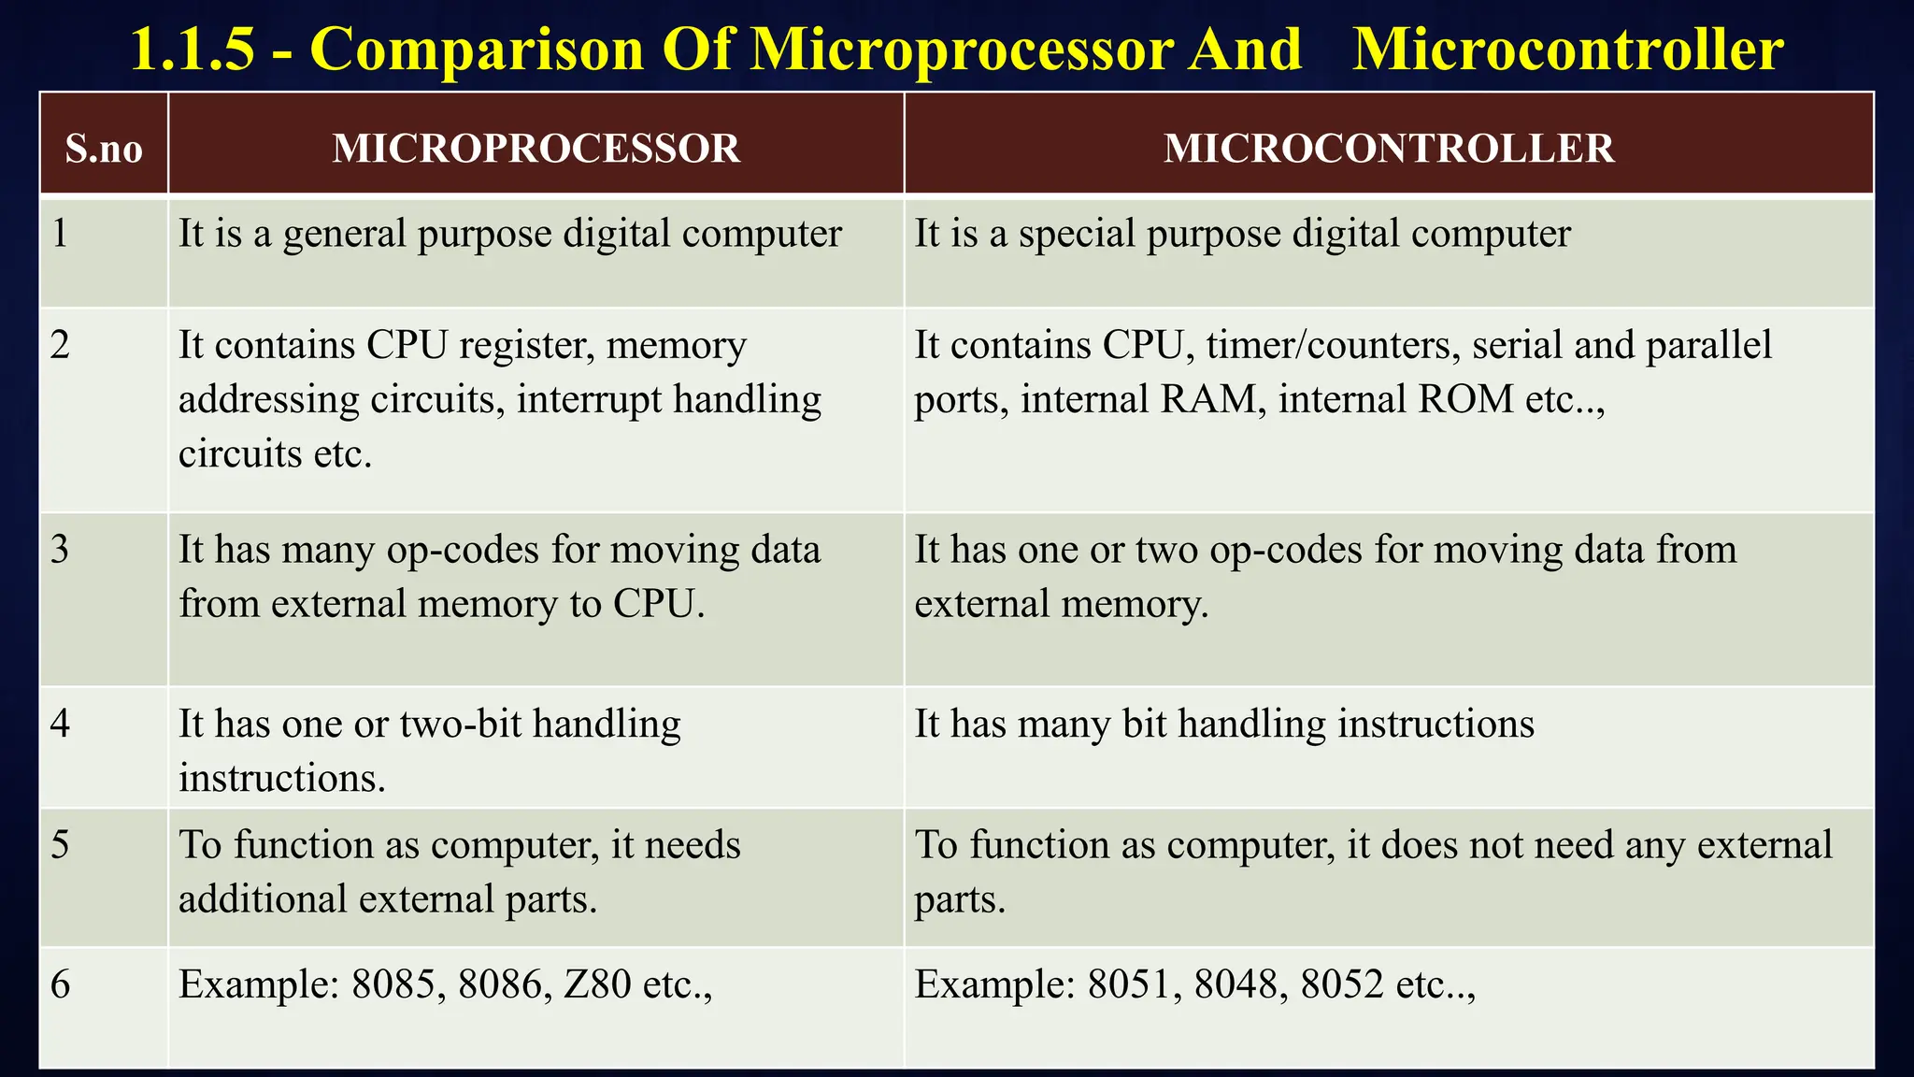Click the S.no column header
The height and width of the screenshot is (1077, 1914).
point(104,149)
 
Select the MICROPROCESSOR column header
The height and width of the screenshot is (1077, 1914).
point(536,149)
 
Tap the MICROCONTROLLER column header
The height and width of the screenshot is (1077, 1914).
point(1389,149)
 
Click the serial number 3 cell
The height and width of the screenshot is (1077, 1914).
point(60,550)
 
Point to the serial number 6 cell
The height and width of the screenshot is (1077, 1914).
point(60,984)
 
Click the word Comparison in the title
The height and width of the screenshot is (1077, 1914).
point(477,49)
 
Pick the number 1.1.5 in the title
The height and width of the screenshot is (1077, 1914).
point(192,49)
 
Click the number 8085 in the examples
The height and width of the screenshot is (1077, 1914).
point(393,984)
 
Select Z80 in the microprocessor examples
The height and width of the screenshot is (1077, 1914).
point(598,984)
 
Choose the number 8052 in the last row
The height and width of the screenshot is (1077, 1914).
point(1341,984)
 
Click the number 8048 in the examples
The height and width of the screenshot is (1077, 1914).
point(1236,984)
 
